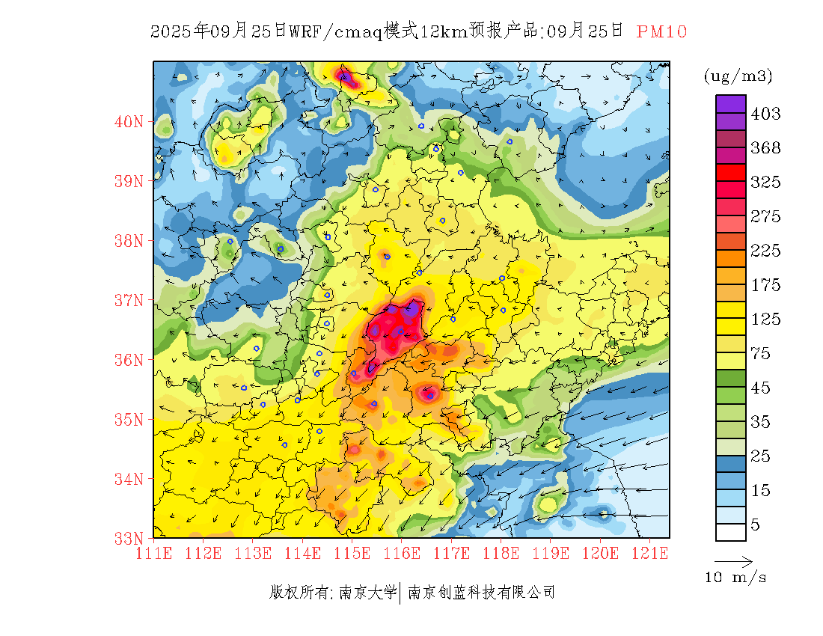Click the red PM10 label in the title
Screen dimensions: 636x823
click(661, 31)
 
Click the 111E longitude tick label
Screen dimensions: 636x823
click(154, 554)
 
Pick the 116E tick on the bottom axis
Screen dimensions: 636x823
click(402, 554)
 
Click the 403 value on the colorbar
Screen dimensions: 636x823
click(765, 114)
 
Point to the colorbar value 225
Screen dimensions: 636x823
click(765, 251)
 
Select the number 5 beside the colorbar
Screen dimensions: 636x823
click(756, 525)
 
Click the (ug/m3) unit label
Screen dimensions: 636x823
click(738, 76)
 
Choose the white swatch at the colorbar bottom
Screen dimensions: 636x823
click(730, 532)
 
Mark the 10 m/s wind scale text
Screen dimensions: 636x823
click(736, 578)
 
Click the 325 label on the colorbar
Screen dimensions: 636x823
click(765, 183)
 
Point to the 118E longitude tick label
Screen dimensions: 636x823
click(501, 554)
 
